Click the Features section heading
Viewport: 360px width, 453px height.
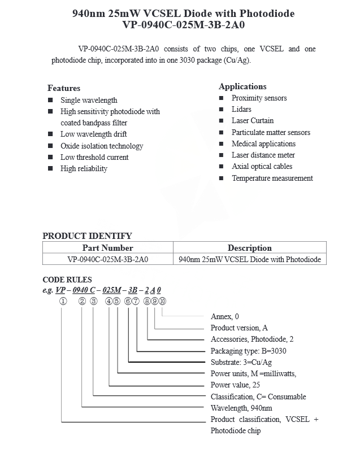64,88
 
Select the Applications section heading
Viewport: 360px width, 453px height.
242,86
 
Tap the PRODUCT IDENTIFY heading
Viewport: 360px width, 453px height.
87,236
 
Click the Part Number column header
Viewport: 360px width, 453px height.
108,248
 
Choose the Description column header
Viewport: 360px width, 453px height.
249,248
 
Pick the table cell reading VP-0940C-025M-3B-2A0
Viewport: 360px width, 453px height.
108,260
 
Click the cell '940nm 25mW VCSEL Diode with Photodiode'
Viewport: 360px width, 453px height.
249,260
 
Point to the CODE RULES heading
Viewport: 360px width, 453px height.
67,280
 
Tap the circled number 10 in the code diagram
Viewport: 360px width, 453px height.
162,301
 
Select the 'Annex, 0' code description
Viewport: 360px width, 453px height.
224,316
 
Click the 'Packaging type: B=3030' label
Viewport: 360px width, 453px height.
248,351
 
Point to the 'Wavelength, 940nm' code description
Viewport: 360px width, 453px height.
241,408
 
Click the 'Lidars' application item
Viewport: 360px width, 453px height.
241,109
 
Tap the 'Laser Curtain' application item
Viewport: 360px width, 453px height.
252,120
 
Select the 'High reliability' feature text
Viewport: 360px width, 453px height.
84,168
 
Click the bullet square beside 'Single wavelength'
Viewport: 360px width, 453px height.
50,100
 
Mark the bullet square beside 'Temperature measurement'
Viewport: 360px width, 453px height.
222,178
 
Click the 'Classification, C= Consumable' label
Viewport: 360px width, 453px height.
258,397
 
